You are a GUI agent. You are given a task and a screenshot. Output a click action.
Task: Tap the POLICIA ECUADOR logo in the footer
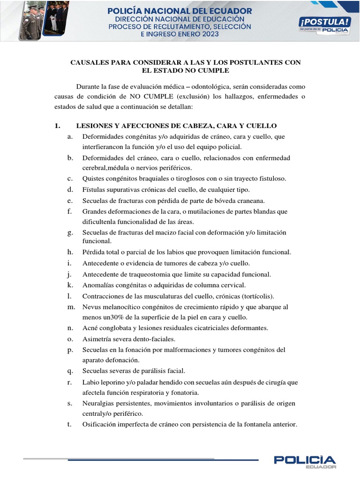point(305,462)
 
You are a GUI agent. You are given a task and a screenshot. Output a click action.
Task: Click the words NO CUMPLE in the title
point(207,70)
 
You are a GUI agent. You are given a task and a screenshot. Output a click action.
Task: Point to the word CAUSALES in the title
point(91,62)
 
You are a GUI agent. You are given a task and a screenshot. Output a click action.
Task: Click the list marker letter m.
point(71,307)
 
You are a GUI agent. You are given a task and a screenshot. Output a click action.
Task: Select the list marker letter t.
point(69,425)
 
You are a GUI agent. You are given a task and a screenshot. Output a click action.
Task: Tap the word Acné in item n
point(90,328)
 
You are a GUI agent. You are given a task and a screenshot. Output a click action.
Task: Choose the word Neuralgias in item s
point(98,403)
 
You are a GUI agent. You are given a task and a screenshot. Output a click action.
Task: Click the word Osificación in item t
point(99,425)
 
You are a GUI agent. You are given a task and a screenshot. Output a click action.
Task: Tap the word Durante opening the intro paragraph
point(89,87)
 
